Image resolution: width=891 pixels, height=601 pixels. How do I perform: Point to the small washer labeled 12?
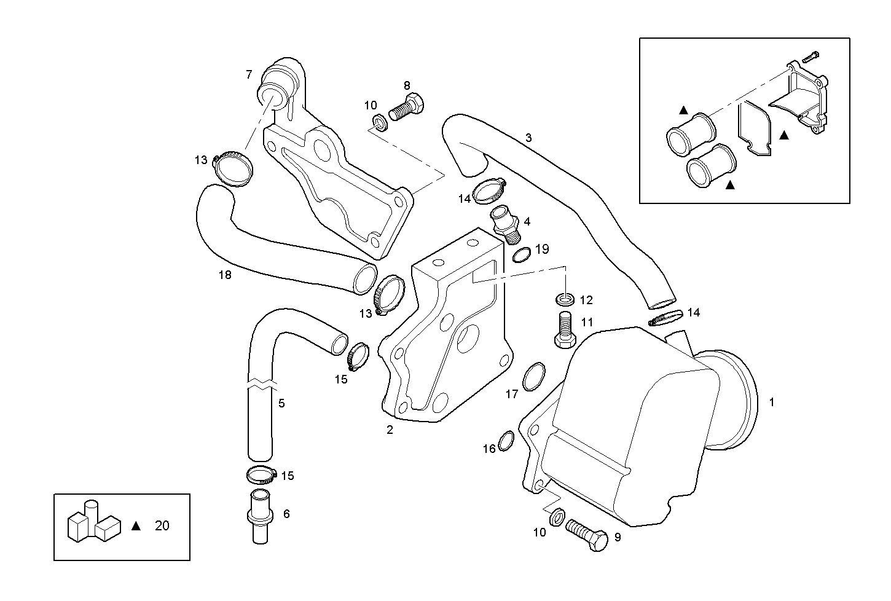tap(565, 300)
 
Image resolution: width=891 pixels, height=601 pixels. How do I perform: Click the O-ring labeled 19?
tap(521, 254)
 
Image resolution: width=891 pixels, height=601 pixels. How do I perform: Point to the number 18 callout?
tap(225, 275)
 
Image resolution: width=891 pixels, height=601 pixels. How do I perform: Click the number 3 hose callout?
tap(528, 138)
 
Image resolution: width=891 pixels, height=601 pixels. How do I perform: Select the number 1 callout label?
tap(772, 403)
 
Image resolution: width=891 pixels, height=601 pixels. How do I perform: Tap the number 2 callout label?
tap(390, 430)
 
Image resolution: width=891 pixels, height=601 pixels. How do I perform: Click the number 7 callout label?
tap(249, 75)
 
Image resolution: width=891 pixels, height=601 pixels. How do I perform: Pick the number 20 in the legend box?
tap(162, 526)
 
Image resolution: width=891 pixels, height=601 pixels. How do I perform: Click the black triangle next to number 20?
tap(136, 526)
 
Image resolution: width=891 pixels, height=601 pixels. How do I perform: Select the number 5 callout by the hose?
tap(281, 404)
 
